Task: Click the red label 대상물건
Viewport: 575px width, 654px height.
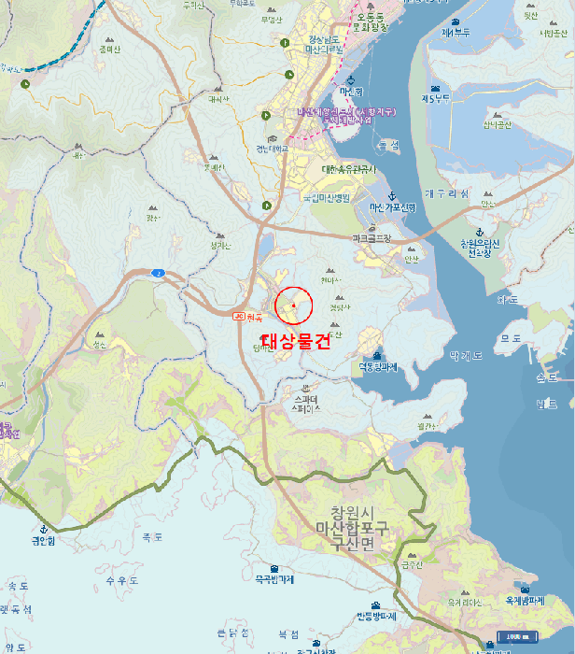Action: (x=295, y=341)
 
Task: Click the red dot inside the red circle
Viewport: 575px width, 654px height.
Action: (x=293, y=306)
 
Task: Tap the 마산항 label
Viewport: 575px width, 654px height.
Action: (x=351, y=92)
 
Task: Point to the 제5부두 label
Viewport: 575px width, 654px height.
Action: (x=436, y=98)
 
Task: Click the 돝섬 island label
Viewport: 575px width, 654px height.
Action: (x=387, y=144)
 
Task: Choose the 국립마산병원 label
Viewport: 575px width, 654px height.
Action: (x=325, y=197)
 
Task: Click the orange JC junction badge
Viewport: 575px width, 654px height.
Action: (x=238, y=317)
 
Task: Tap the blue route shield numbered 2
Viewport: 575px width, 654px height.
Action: (x=159, y=273)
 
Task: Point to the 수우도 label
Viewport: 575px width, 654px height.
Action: (x=122, y=580)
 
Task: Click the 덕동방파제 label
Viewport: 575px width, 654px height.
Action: (x=378, y=367)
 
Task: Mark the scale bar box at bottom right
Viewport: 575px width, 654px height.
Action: (x=512, y=637)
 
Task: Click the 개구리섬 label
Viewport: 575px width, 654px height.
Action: (x=446, y=193)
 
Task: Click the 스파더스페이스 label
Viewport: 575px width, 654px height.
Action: (x=306, y=404)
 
